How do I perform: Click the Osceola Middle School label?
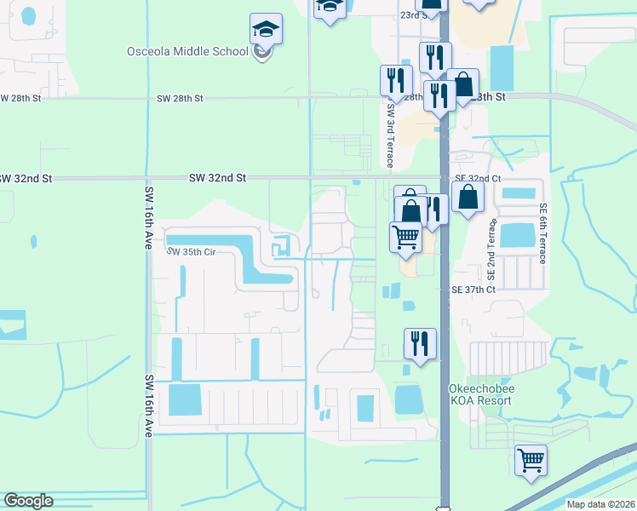[x=187, y=51]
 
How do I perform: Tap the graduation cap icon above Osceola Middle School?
[x=266, y=30]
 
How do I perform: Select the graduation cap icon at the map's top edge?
[x=329, y=7]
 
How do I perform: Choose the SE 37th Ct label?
[x=473, y=290]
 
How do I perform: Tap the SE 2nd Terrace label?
[x=491, y=248]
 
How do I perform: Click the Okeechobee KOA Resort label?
[x=480, y=394]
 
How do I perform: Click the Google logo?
[x=28, y=501]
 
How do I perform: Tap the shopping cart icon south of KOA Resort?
[x=531, y=461]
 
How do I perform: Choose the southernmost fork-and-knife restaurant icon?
[x=420, y=344]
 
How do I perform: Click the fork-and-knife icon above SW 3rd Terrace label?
[x=395, y=81]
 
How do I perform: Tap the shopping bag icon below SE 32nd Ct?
[x=468, y=198]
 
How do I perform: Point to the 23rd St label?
[x=412, y=15]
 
